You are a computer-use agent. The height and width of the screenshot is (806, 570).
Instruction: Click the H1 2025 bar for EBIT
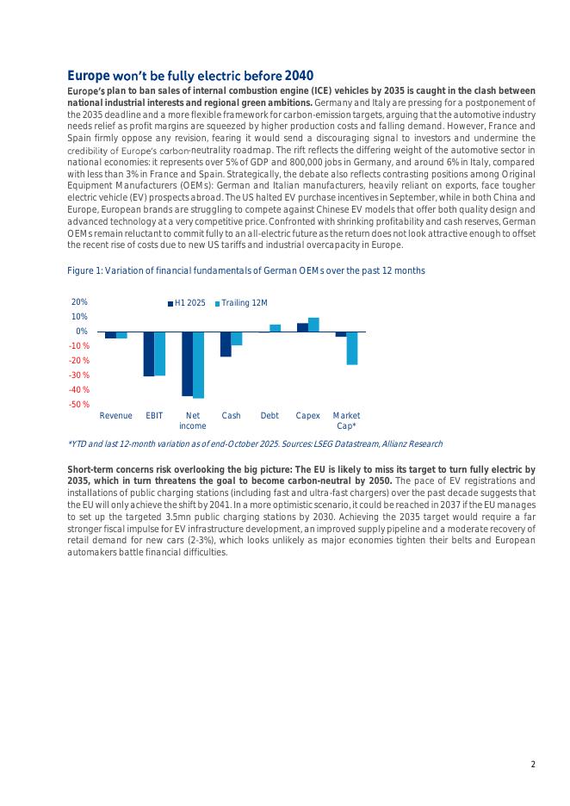(149, 353)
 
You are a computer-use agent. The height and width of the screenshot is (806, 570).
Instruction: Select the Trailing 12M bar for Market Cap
(352, 348)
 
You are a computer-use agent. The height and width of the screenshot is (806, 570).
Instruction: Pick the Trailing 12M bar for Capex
(313, 325)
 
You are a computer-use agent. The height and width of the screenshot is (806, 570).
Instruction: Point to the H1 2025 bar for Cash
(226, 344)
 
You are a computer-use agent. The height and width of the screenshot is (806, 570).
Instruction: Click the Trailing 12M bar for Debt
(276, 328)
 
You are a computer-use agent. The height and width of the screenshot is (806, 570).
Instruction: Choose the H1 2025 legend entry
(186, 303)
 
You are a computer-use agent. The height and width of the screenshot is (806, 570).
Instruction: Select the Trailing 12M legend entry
(241, 303)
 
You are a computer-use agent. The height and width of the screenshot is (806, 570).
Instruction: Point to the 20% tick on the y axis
(79, 302)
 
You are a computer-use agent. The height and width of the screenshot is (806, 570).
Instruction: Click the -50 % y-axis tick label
(79, 404)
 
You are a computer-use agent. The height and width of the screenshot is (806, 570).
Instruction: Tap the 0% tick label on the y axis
(81, 332)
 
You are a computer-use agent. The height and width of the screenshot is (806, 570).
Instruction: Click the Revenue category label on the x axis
(116, 416)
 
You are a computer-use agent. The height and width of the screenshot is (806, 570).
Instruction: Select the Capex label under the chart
(307, 416)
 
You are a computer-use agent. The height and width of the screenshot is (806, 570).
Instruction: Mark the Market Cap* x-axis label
(346, 420)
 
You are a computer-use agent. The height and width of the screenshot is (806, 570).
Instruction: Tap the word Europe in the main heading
(88, 75)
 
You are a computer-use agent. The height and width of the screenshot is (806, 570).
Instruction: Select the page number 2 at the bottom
(533, 764)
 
